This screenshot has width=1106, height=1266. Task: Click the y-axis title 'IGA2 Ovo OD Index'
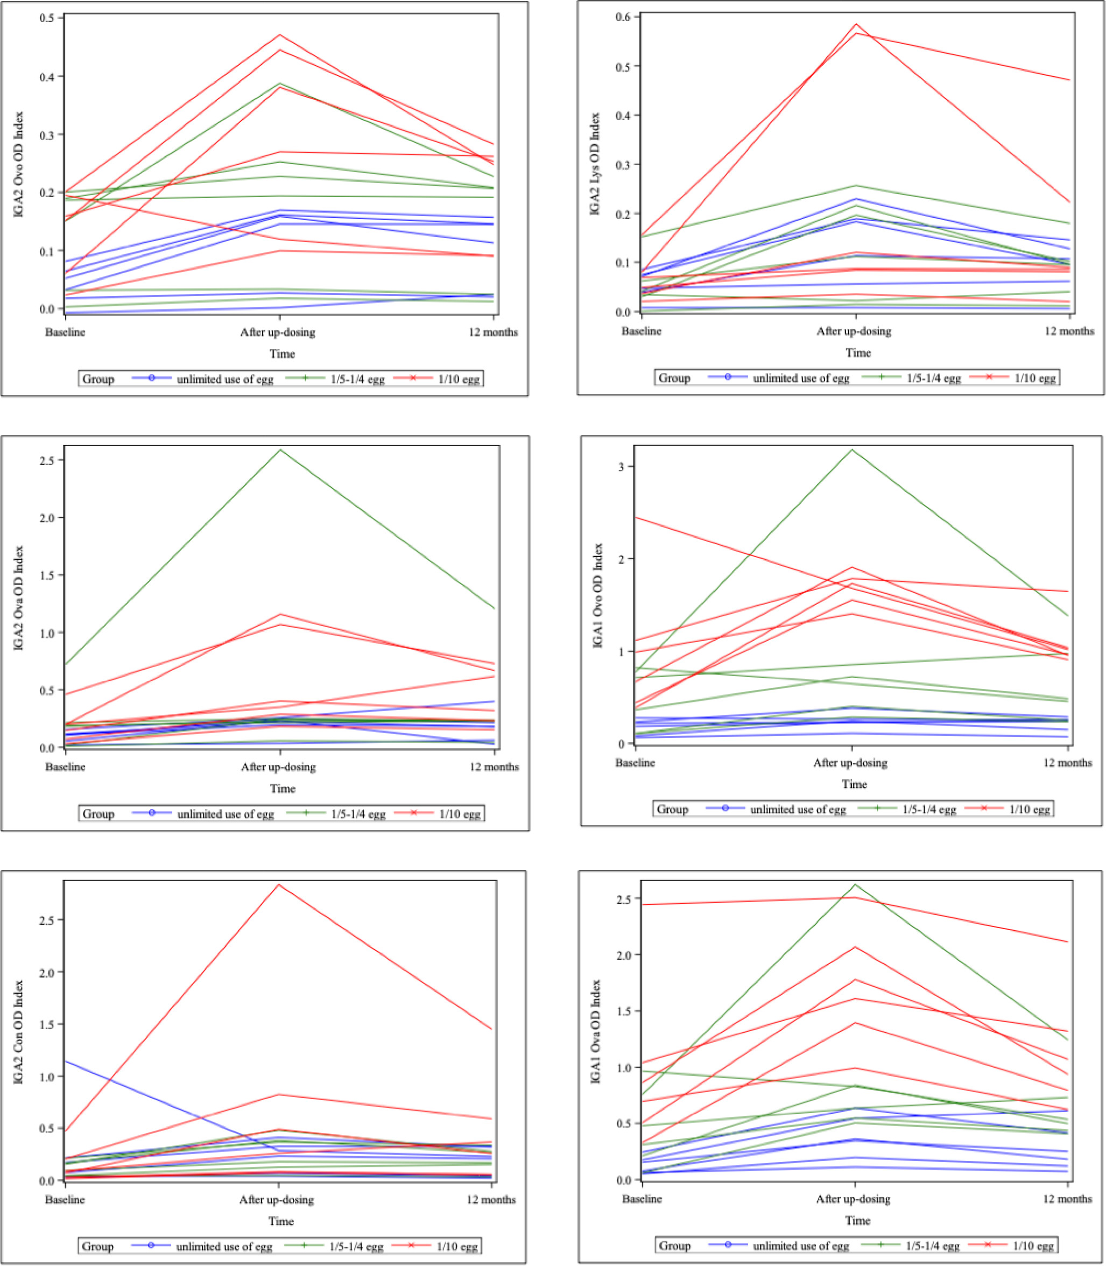tap(18, 164)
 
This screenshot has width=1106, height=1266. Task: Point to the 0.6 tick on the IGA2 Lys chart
tap(623, 17)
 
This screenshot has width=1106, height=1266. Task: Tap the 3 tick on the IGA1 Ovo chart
tap(621, 467)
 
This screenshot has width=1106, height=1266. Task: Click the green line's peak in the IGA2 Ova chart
tap(281, 450)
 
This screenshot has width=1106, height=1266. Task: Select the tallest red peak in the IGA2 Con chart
tap(279, 885)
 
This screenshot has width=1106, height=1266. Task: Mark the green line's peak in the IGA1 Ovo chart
tap(853, 449)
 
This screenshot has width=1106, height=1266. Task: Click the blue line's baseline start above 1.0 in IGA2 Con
tap(66, 1061)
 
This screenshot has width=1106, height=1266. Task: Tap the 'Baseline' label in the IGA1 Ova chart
tap(642, 1199)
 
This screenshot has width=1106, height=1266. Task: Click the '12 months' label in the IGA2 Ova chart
tap(494, 766)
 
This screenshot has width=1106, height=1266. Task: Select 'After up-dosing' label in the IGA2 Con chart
tap(277, 1199)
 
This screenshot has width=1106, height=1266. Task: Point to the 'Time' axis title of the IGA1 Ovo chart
tap(854, 784)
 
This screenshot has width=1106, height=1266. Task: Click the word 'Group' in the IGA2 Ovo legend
tap(98, 379)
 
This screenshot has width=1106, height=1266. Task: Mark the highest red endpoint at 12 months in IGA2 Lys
tap(1069, 80)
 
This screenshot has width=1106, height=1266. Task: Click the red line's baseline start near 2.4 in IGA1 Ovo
tap(636, 517)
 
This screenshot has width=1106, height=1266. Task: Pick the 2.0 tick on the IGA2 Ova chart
tap(47, 518)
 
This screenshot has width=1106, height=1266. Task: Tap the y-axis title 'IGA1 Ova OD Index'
tap(596, 1031)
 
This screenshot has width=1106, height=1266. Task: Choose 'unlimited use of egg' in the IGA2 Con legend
tap(224, 1246)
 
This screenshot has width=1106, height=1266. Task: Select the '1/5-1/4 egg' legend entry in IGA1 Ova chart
tap(933, 1246)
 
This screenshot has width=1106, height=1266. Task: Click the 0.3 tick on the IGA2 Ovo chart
tap(47, 135)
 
